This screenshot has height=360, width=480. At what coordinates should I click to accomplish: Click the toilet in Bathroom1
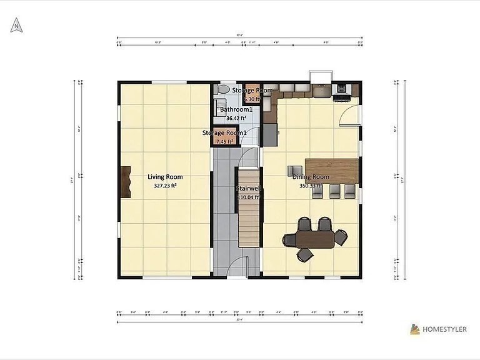click(220, 91)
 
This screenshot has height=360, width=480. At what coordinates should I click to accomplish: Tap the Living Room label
click(165, 177)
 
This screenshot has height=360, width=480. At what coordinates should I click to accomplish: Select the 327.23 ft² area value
click(165, 186)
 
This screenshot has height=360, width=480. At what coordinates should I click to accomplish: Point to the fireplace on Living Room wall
click(126, 182)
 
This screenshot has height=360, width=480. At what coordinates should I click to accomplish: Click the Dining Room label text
click(311, 177)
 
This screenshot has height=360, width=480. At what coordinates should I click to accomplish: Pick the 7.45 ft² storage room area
click(223, 142)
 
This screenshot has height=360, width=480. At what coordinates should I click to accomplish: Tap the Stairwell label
click(248, 188)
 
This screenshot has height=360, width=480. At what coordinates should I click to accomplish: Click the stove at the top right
click(342, 91)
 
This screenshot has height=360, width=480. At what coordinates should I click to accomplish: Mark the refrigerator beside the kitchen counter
click(270, 133)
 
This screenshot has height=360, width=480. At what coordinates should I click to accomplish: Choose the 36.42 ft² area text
click(236, 118)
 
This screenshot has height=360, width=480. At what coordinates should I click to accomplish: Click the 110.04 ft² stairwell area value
click(248, 197)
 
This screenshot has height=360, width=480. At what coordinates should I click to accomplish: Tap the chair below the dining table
click(305, 254)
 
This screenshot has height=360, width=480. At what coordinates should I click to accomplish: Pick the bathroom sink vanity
click(224, 111)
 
